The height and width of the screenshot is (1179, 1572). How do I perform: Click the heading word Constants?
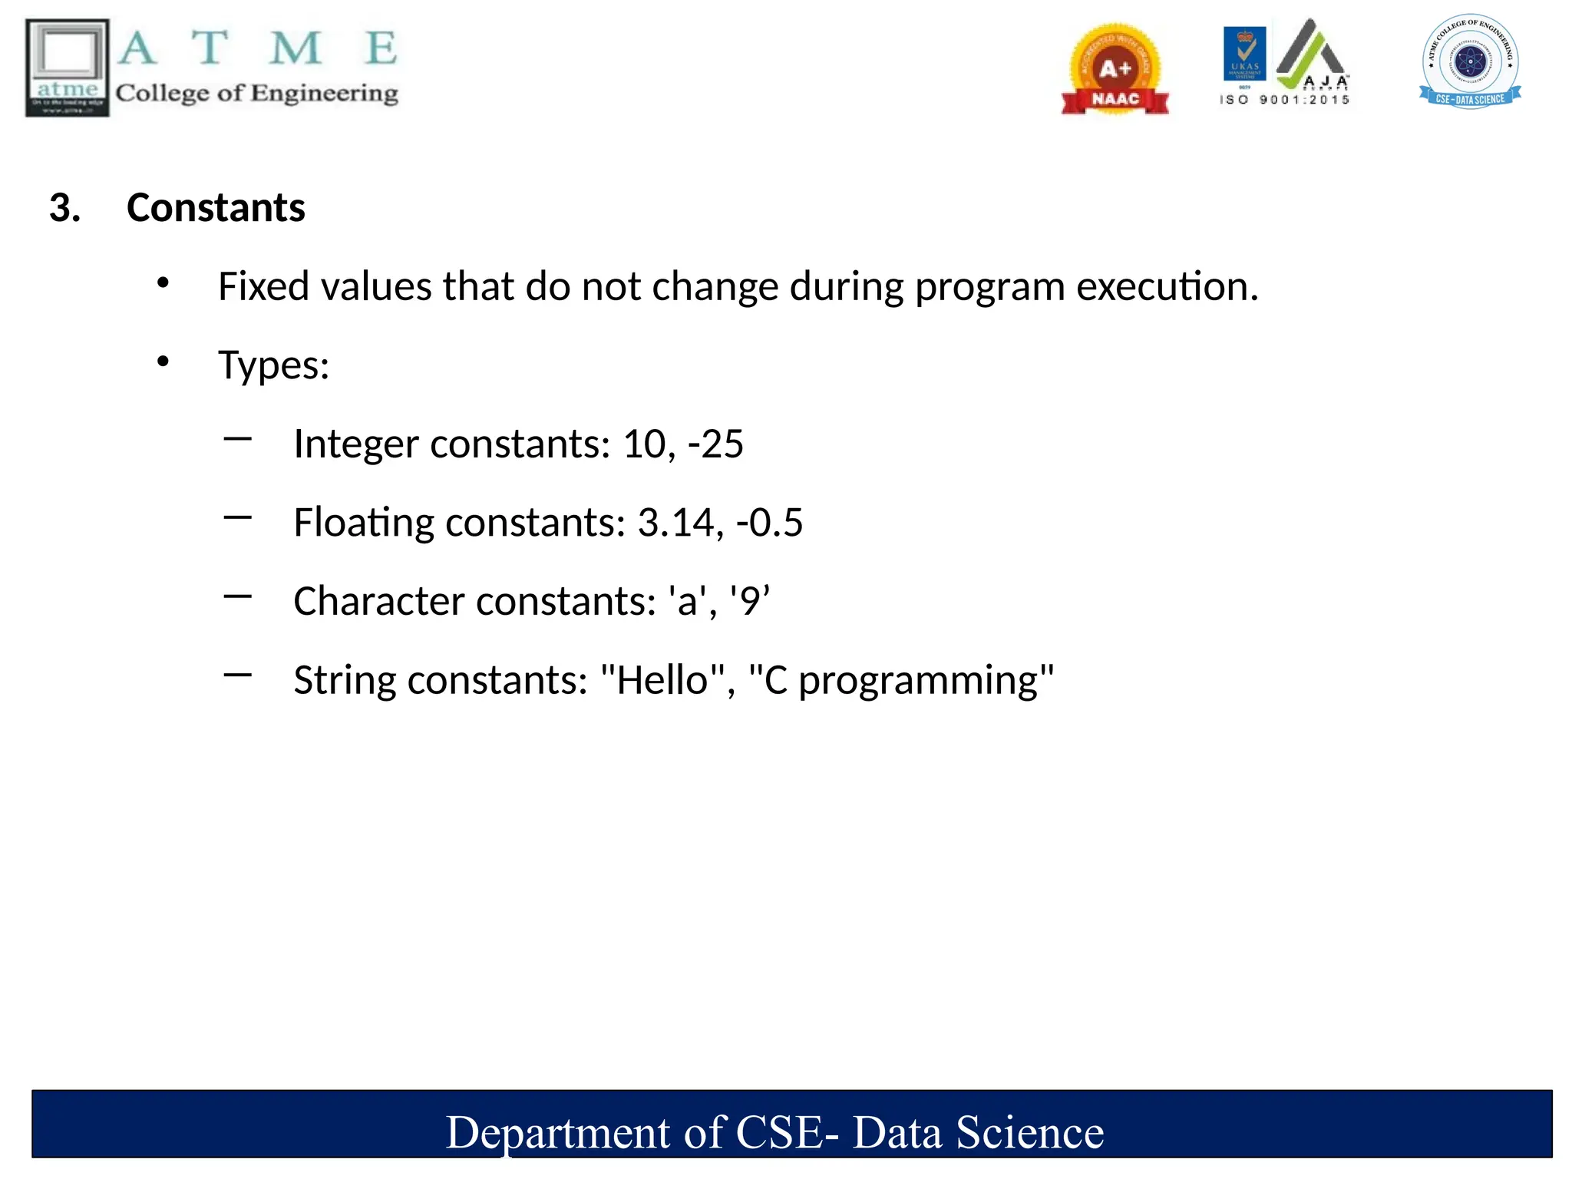tap(216, 208)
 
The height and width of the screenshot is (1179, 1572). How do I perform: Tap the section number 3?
tap(65, 208)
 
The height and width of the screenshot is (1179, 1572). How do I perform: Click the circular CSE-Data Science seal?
tap(1470, 62)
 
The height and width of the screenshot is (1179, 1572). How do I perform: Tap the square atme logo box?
tap(68, 68)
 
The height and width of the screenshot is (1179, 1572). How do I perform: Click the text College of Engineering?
tap(257, 94)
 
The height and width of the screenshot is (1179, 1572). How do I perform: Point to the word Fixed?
tap(264, 286)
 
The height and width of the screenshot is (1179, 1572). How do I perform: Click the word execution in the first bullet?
tap(1167, 286)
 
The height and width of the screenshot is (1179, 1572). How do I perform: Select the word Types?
tap(273, 365)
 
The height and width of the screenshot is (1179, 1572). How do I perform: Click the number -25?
tap(715, 444)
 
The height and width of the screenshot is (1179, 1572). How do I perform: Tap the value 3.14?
tap(680, 523)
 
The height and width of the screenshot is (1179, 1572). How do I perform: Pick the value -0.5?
tap(769, 523)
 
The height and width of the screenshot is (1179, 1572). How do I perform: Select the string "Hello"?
tap(662, 680)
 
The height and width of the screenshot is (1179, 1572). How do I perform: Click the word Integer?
tap(356, 444)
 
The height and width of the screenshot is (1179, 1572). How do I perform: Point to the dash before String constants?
tap(238, 675)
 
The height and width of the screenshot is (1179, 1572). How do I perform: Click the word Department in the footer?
tap(558, 1133)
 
